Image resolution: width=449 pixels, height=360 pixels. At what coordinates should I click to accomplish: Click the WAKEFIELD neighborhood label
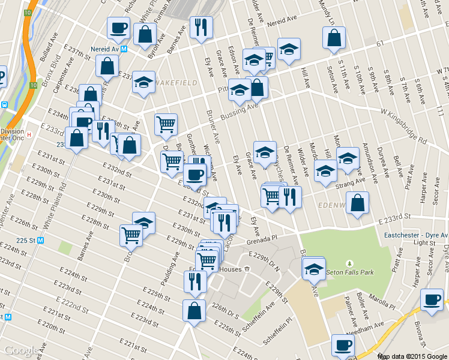point(175,82)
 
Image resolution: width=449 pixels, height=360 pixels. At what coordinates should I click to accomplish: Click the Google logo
point(22,350)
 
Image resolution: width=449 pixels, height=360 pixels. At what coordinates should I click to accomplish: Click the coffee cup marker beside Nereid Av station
point(118,27)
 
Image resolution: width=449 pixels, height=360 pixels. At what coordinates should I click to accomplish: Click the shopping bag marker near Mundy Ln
point(334,37)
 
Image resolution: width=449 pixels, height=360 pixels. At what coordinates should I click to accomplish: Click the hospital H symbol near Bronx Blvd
point(28,134)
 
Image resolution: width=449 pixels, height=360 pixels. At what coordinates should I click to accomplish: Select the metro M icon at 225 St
point(41,241)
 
